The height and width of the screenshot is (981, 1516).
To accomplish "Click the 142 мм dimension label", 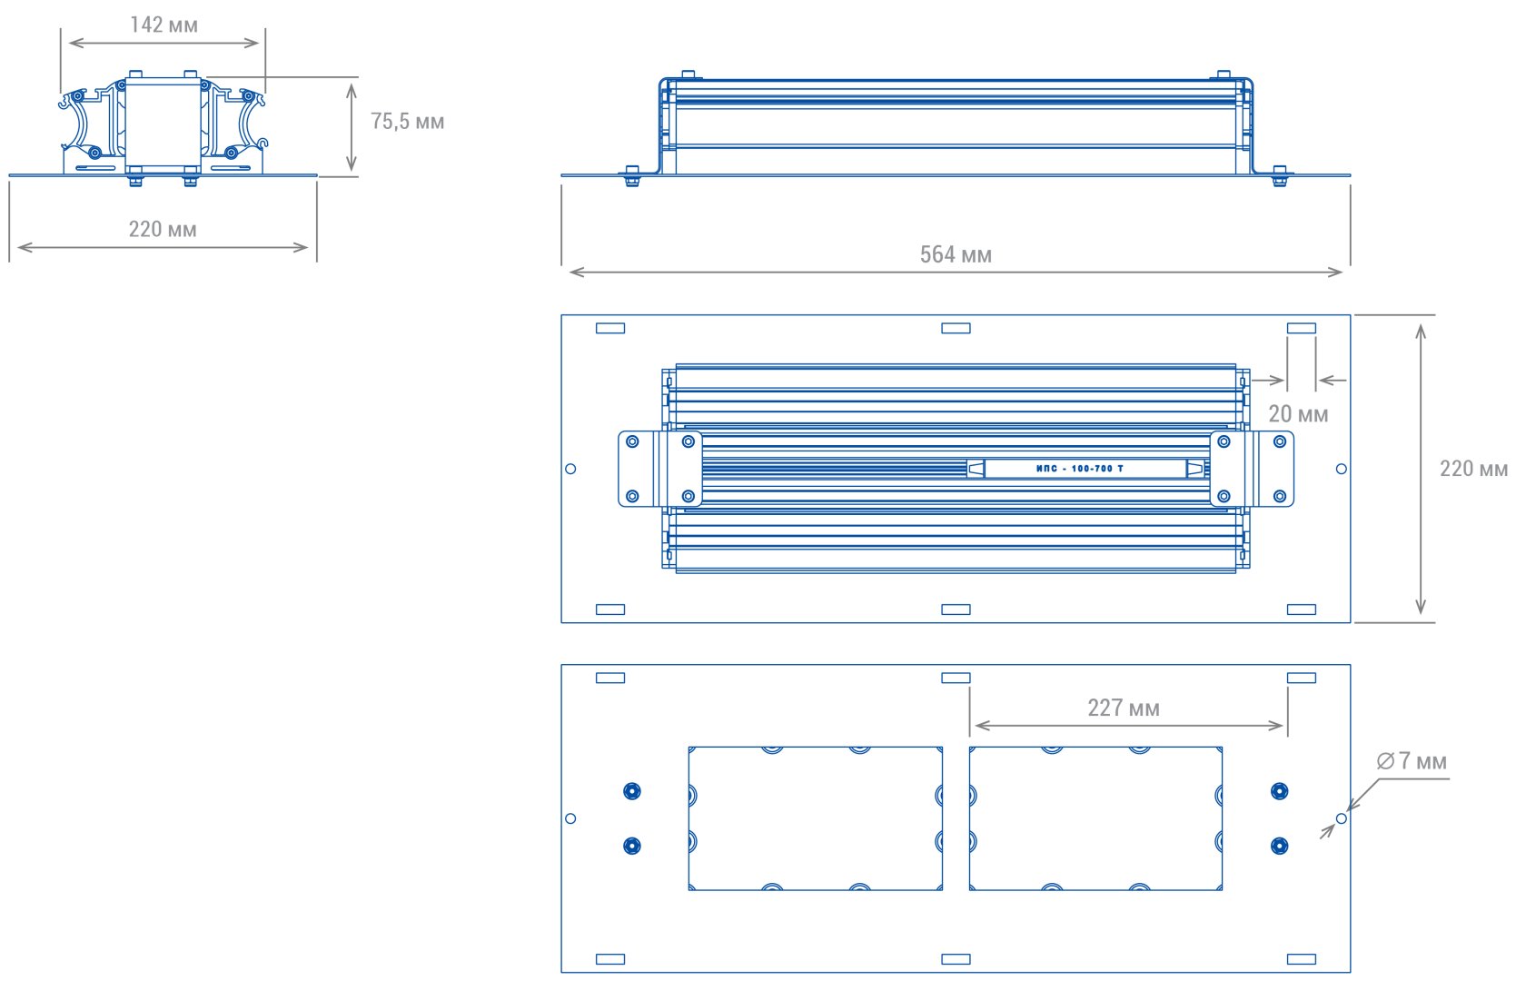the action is (x=163, y=25).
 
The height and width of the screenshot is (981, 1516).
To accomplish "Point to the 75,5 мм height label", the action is (x=408, y=122).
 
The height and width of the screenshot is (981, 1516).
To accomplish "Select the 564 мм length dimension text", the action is (x=956, y=254).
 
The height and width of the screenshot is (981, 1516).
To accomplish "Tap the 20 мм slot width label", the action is (x=1298, y=414).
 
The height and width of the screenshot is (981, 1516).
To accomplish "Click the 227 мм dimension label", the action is (x=1124, y=708).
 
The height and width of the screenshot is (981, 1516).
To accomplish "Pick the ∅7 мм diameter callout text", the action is (x=1412, y=762).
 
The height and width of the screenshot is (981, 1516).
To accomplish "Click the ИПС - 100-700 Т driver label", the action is (x=1080, y=469).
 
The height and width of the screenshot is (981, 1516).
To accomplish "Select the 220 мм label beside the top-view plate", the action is (x=1473, y=469).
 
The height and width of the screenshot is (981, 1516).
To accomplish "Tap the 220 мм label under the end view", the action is (x=163, y=230).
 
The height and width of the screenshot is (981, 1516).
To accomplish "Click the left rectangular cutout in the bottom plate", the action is (x=816, y=818).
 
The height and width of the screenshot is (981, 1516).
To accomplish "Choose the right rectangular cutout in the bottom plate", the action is (x=1095, y=818).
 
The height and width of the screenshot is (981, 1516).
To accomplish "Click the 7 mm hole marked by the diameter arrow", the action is (x=1342, y=818).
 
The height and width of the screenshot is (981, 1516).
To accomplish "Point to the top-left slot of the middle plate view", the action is (x=610, y=328).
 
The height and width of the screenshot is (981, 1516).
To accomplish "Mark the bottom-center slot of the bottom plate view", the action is (x=956, y=959).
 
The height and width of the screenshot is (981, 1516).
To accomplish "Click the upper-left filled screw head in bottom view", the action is (x=632, y=791).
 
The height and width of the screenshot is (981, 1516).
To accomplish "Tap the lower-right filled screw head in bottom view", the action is (x=1279, y=846).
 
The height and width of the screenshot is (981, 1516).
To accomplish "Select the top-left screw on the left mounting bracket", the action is (x=632, y=441).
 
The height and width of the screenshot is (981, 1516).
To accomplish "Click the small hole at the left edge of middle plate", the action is (x=570, y=469).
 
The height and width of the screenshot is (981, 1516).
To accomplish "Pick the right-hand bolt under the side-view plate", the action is (x=1279, y=176).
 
